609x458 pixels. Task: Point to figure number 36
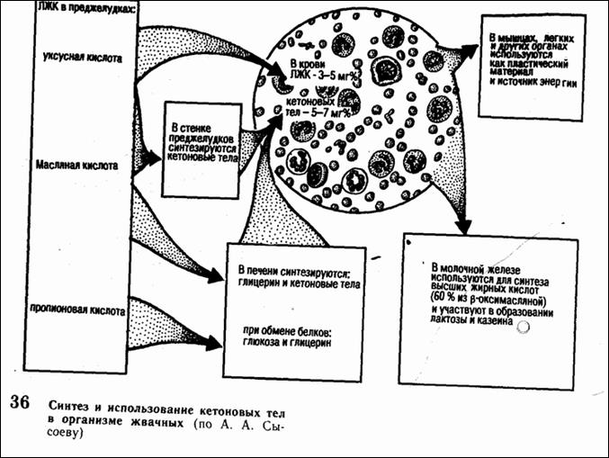[x=21, y=402]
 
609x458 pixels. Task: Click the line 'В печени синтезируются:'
[x=297, y=270]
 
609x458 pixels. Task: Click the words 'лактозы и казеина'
[x=472, y=320]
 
